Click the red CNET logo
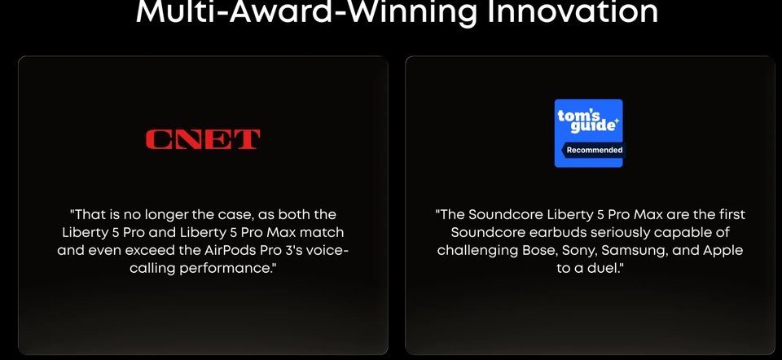[x=203, y=139]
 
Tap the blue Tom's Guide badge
[x=588, y=133]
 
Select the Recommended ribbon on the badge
[x=594, y=150]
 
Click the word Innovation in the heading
[x=572, y=11]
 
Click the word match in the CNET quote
[x=323, y=233]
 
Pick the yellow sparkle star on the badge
[x=617, y=121]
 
